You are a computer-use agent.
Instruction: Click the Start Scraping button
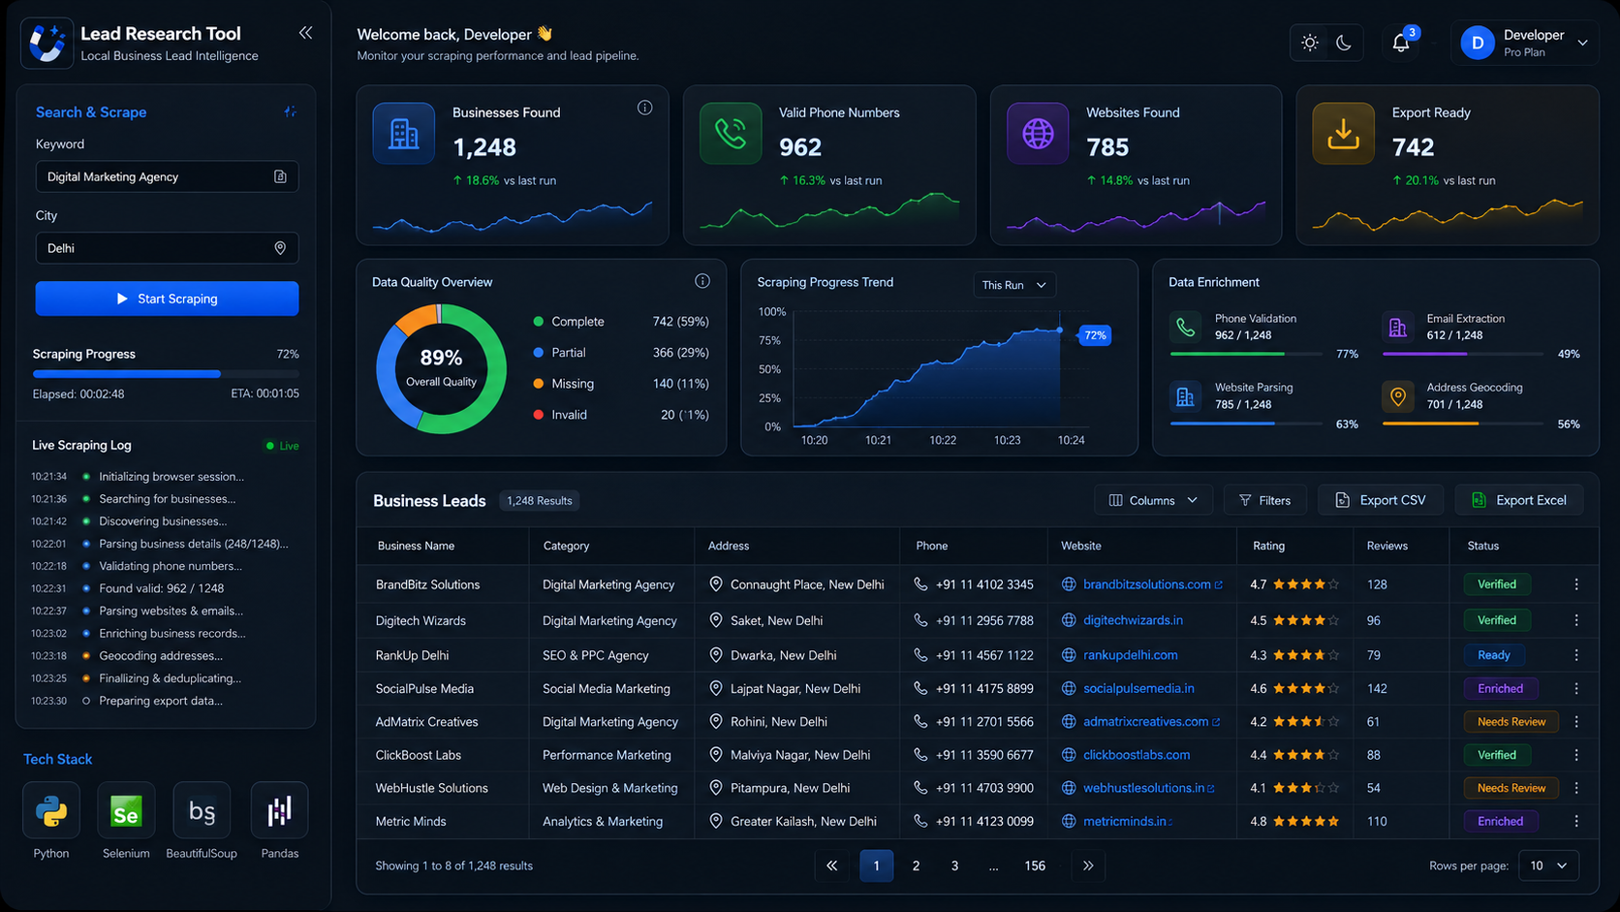click(x=167, y=299)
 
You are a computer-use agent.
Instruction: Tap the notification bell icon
click(x=1401, y=44)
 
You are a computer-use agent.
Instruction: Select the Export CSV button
click(x=1381, y=500)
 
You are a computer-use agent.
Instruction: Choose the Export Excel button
click(x=1519, y=500)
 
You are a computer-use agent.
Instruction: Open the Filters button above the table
click(x=1265, y=500)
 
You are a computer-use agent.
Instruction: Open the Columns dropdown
click(x=1153, y=500)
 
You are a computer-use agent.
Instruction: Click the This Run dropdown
click(x=1013, y=285)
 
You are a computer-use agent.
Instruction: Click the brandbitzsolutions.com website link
click(x=1146, y=584)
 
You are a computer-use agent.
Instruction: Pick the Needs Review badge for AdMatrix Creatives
click(x=1511, y=722)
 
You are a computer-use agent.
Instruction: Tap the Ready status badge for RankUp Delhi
click(x=1493, y=655)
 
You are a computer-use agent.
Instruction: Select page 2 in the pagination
click(x=916, y=865)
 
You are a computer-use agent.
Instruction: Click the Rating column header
click(x=1268, y=546)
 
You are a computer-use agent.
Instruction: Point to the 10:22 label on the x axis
click(x=943, y=440)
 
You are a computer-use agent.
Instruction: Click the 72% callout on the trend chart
click(x=1095, y=335)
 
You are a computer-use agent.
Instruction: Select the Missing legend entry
click(x=572, y=384)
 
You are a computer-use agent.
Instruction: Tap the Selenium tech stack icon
click(x=126, y=810)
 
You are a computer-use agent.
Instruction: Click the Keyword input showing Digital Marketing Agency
click(x=167, y=177)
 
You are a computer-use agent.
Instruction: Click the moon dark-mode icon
click(x=1343, y=44)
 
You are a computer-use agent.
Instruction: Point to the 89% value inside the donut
click(x=441, y=358)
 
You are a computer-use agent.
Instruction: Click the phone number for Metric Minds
click(x=983, y=822)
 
